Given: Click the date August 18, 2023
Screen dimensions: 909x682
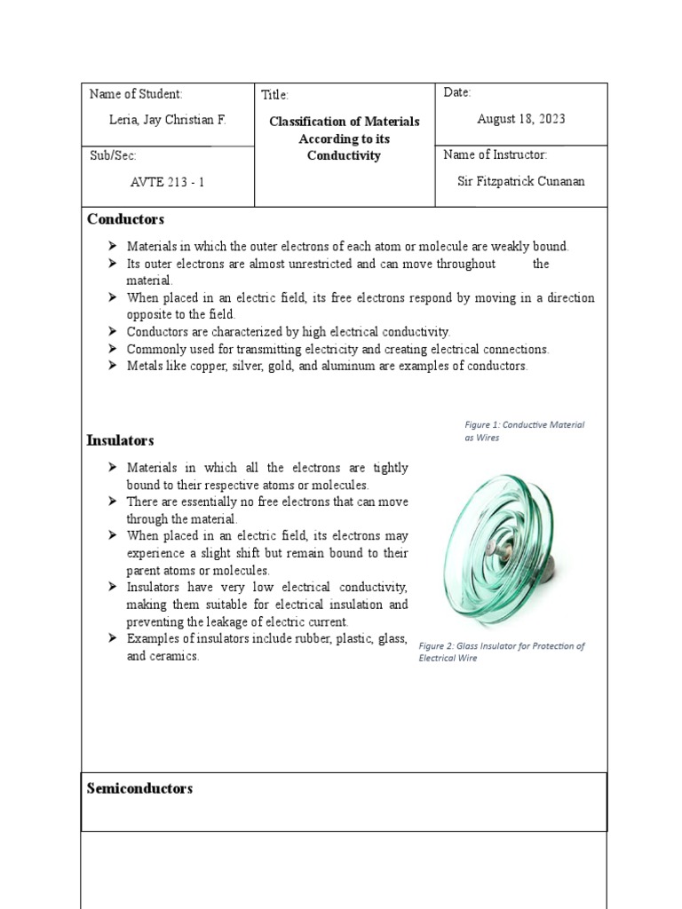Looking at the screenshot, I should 520,119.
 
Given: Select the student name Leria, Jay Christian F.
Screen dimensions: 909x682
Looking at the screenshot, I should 167,119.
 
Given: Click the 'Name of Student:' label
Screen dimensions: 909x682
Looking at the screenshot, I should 136,94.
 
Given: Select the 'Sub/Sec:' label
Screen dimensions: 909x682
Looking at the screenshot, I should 114,155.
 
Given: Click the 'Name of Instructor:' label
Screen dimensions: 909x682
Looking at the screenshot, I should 495,155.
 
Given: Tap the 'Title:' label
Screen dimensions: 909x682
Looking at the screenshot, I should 275,95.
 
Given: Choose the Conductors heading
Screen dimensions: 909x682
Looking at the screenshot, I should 125,219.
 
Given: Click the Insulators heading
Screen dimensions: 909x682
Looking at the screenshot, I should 120,440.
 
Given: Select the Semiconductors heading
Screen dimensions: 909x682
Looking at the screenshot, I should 139,788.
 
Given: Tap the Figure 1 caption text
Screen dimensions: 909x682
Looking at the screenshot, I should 524,431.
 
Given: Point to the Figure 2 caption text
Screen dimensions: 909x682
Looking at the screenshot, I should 501,652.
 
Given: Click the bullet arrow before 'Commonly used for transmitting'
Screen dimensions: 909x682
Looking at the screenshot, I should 112,349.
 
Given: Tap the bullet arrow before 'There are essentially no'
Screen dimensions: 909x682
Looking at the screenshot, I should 112,502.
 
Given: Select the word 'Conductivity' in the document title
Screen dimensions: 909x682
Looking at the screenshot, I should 344,156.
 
